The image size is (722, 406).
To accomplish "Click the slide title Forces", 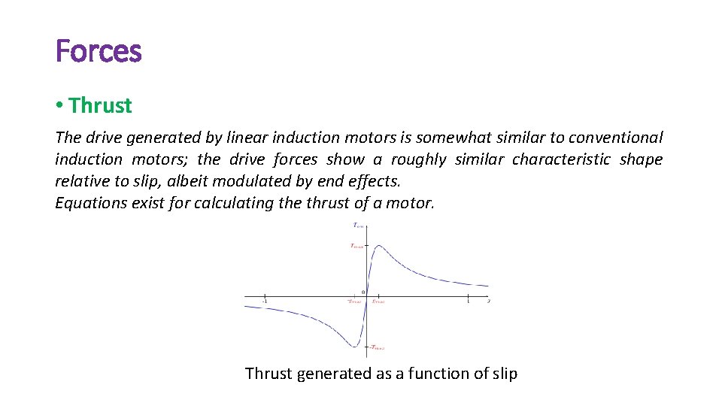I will click(99, 52).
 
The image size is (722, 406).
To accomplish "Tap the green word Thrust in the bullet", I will click(100, 106).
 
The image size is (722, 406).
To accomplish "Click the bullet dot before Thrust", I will click(59, 106).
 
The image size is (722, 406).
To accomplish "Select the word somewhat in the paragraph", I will click(448, 138).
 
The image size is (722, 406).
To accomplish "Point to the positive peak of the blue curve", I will click(378, 245).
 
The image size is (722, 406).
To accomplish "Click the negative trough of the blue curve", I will click(353, 347).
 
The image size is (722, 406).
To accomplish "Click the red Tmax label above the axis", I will click(356, 246).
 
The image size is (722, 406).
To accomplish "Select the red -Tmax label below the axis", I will click(377, 347).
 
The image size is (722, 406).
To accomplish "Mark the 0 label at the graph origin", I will click(363, 292).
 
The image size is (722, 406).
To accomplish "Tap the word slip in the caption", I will click(502, 374).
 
